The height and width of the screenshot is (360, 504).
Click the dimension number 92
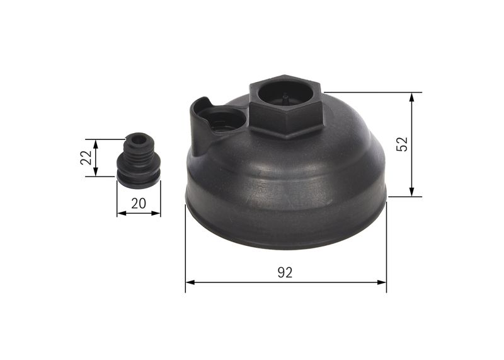285,272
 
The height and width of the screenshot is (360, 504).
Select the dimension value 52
403,144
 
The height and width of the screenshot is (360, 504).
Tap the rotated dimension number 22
85,158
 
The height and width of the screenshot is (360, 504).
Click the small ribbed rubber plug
138,160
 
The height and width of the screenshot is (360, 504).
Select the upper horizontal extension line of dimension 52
372,93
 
